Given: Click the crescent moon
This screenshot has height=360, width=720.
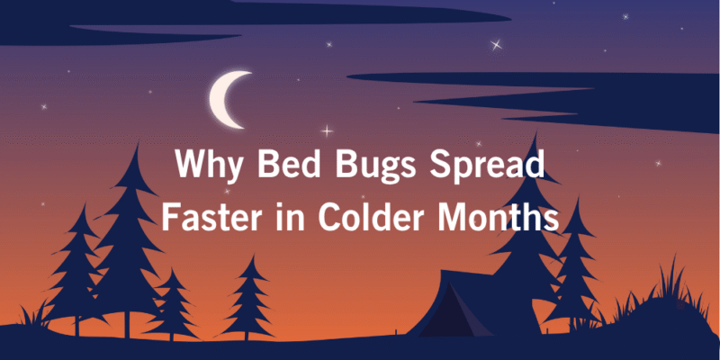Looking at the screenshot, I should pyautogui.click(x=229, y=96).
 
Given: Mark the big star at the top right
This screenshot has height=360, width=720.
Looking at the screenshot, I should pyautogui.click(x=495, y=43).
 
